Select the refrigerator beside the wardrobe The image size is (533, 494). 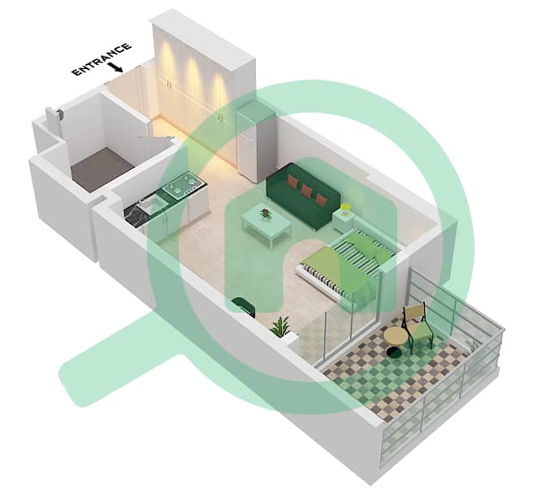coord(256,145)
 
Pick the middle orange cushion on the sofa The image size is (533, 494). coord(307,190)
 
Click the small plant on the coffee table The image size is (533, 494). coord(266,214)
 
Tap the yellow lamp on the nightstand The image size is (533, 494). coord(346,207)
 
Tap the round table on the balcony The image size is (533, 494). coord(396,337)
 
